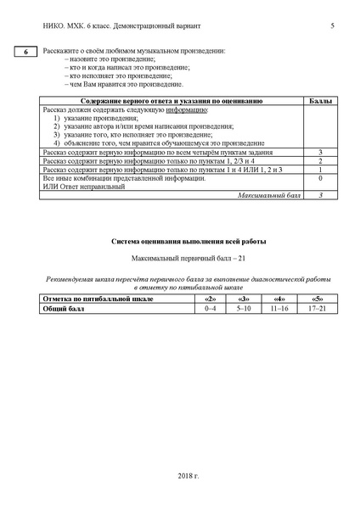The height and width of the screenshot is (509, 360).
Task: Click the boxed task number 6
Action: (x=26, y=53)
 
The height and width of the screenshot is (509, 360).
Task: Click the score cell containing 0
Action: (x=320, y=179)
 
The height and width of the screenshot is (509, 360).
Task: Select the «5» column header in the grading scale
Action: (x=317, y=299)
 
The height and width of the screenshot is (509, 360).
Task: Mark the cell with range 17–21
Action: (x=317, y=308)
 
